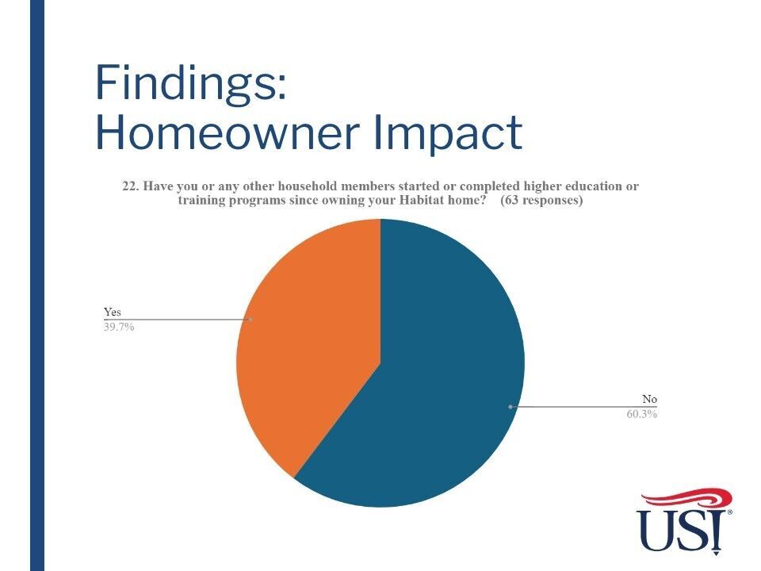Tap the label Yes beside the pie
pos(112,312)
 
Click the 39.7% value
pos(118,327)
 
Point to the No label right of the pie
pos(649,399)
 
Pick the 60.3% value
pos(641,414)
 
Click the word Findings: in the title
pos(191,83)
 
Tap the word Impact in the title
pos(448,134)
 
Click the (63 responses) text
pos(541,200)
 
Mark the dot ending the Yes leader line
pos(250,320)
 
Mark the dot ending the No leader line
pos(510,406)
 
